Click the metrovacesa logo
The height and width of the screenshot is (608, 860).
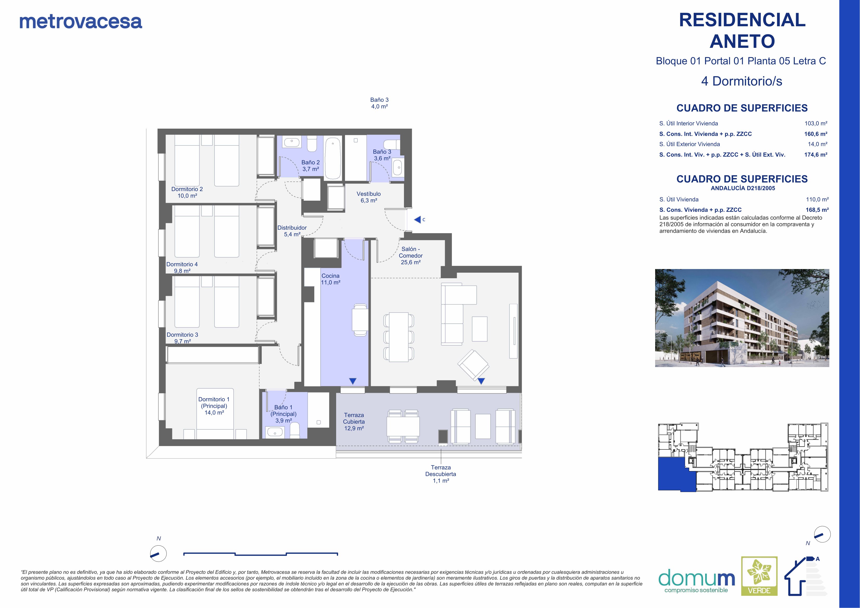81,22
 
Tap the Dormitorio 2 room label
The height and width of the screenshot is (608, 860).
187,192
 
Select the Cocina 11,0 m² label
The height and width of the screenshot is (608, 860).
330,279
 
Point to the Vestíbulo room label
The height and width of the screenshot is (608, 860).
369,197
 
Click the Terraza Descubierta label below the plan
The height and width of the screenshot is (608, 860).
441,474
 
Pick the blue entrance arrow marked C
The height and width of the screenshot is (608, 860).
417,220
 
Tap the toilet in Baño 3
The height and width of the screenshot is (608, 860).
392,145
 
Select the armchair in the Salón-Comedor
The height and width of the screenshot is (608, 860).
473,364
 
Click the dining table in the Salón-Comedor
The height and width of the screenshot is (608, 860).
399,337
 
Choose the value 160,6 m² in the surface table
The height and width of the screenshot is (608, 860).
816,134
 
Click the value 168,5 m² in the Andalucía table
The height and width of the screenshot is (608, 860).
817,210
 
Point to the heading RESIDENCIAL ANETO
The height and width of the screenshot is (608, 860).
742,30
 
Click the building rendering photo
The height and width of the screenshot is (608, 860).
742,318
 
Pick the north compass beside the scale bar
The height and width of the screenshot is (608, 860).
158,554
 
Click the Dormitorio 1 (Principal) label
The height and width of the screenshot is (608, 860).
214,406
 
